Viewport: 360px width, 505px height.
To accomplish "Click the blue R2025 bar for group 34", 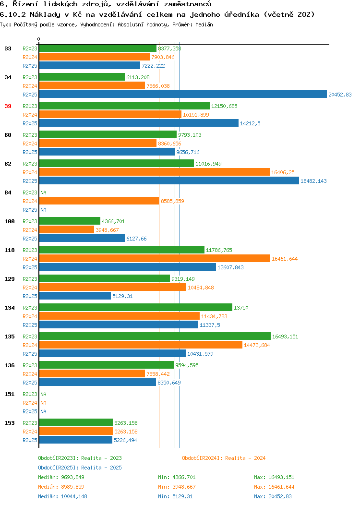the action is pyautogui.click(x=183, y=95).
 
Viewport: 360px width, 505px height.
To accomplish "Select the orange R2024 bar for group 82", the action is pyautogui.click(x=155, y=172).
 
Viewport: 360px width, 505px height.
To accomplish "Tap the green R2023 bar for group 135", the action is pyautogui.click(x=155, y=336).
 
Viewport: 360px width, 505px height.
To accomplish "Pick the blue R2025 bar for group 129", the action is pyautogui.click(x=75, y=296).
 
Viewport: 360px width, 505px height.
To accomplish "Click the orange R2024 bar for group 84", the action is pyautogui.click(x=99, y=201).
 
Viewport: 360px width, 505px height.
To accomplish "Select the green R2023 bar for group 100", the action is pyautogui.click(x=70, y=221).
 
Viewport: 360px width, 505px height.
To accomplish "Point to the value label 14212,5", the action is pyautogui.click(x=250, y=123).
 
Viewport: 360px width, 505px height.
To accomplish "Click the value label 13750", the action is pyautogui.click(x=241, y=308).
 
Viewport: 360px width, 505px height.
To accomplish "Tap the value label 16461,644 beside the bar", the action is pyautogui.click(x=285, y=259).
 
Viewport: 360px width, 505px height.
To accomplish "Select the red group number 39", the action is pyautogui.click(x=8, y=106).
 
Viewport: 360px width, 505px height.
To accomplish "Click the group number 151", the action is pyautogui.click(x=9, y=394).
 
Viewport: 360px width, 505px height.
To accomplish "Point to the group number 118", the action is pyautogui.click(x=9, y=250).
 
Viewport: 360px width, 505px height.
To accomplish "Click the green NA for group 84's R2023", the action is pyautogui.click(x=44, y=192).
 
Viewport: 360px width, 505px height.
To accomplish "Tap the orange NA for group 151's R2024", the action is pyautogui.click(x=44, y=403).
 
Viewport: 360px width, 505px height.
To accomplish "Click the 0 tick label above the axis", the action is pyautogui.click(x=39, y=39).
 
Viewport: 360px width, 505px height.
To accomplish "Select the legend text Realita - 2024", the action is pyautogui.click(x=245, y=458).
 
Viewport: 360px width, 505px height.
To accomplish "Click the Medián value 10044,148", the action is pyautogui.click(x=74, y=496).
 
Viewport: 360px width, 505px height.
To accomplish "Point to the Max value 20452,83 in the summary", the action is pyautogui.click(x=280, y=496).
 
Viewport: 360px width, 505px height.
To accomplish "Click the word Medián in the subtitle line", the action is pyautogui.click(x=204, y=24).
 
